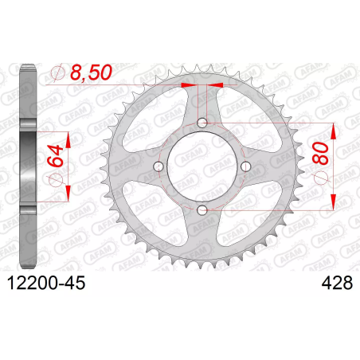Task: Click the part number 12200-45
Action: tap(46, 283)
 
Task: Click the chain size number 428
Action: tap(337, 283)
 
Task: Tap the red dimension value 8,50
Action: tap(91, 72)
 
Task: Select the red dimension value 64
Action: tap(55, 156)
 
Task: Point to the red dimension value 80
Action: tap(320, 153)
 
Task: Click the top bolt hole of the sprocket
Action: tap(202, 123)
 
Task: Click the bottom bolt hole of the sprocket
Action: tap(202, 210)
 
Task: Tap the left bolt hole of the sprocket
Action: tap(158, 166)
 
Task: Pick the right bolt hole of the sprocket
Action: tap(246, 166)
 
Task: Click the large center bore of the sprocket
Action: tap(202, 166)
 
